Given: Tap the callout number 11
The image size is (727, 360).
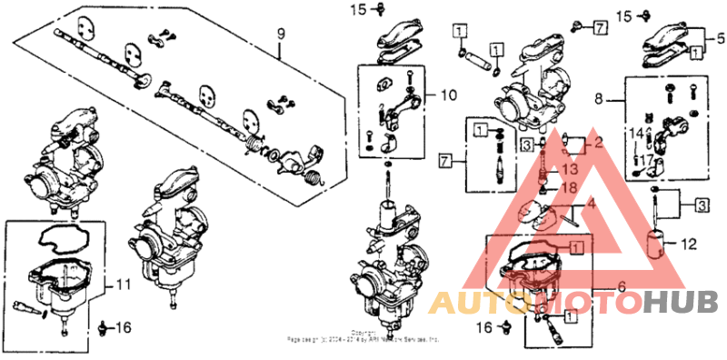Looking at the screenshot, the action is (123, 285).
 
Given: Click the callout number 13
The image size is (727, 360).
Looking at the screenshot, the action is (570, 169).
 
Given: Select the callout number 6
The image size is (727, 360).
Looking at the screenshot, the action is (622, 285).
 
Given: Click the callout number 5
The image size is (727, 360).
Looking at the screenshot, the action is (721, 38).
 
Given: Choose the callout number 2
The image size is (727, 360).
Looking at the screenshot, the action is (598, 144).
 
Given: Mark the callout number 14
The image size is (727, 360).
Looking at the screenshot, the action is (636, 134).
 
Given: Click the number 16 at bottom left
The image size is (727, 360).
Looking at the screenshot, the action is (124, 327).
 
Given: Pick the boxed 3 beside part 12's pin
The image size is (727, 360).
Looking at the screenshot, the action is (702, 205).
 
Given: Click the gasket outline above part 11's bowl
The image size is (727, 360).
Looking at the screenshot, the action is (56, 238).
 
